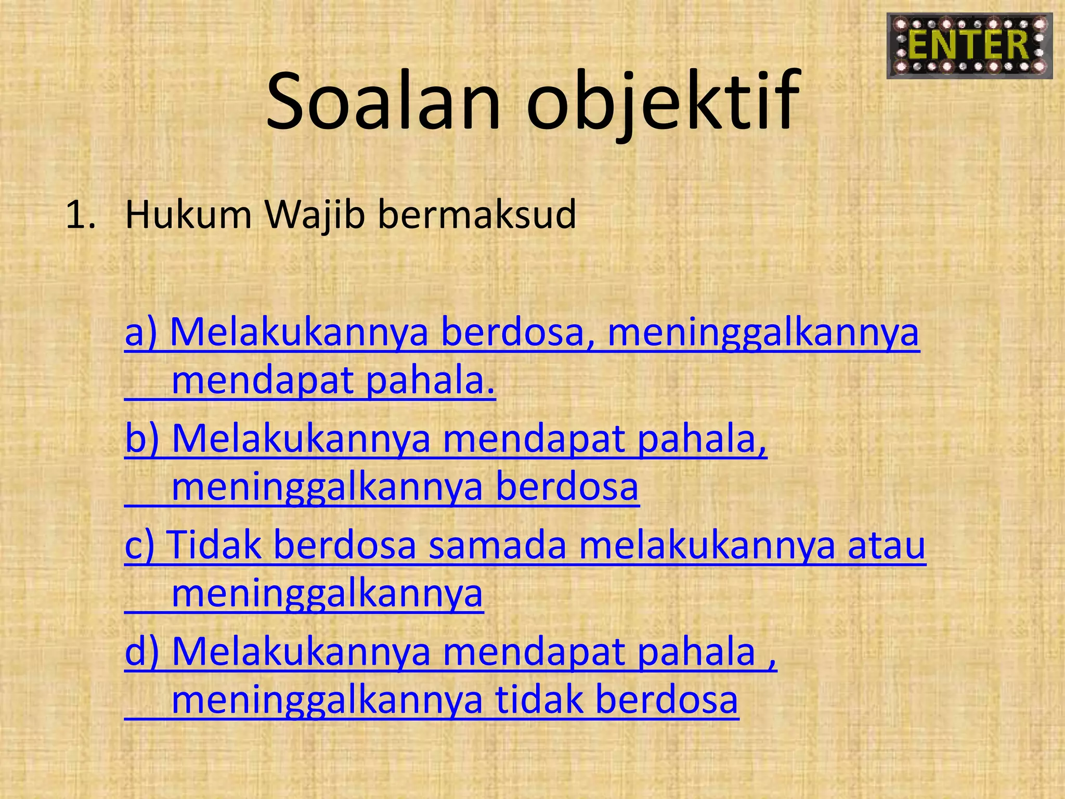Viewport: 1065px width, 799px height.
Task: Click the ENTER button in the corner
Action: tap(969, 46)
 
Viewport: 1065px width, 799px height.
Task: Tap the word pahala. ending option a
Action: tap(431, 381)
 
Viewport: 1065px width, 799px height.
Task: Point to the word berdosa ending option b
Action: tap(567, 487)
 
